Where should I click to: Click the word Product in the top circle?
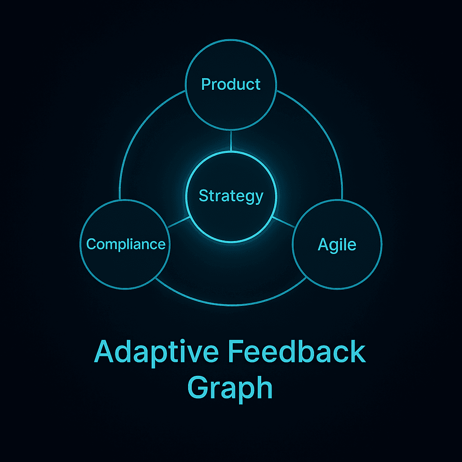231,84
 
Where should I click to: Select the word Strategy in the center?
231,196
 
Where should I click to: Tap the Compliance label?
126,244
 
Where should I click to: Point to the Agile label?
337,245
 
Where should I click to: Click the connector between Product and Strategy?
231,141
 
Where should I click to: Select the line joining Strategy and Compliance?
179,222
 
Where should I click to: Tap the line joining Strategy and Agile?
283,222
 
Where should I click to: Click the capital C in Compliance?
91,244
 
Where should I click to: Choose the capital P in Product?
206,84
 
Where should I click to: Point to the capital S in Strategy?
203,196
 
